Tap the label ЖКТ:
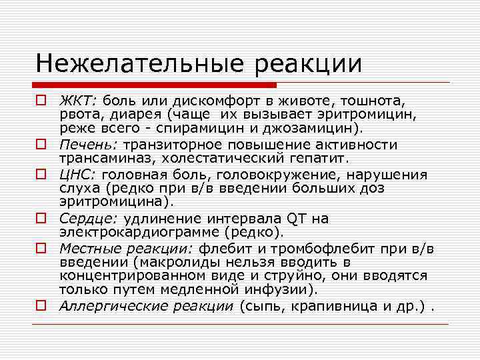click(78, 101)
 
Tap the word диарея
click(116, 115)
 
